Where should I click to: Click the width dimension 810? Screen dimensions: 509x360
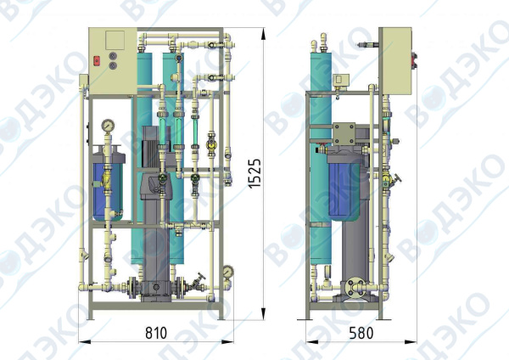pyautogui.click(x=156, y=333)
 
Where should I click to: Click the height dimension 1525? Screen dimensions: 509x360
pyautogui.click(x=255, y=173)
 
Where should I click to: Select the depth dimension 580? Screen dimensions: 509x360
pyautogui.click(x=361, y=333)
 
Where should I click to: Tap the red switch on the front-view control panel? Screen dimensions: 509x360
pyautogui.click(x=97, y=60)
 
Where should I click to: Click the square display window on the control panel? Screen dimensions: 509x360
pyautogui.click(x=115, y=40)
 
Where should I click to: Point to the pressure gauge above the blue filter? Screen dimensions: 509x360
pyautogui.click(x=108, y=126)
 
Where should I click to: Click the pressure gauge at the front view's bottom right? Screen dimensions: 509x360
pyautogui.click(x=228, y=272)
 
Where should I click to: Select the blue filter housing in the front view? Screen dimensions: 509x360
pyautogui.click(x=108, y=187)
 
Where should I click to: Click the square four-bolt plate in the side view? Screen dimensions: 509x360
pyautogui.click(x=344, y=133)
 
